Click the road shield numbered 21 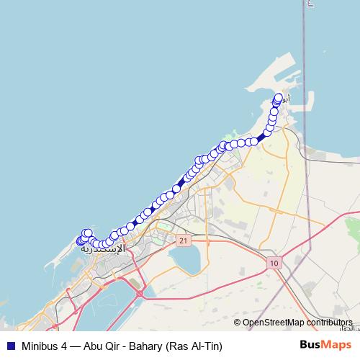184,240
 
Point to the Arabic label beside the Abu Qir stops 285,99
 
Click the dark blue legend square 10,346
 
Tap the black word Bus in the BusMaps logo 310,346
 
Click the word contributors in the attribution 330,323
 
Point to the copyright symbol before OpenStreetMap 238,323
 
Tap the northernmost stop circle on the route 279,97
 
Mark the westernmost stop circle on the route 80,240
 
